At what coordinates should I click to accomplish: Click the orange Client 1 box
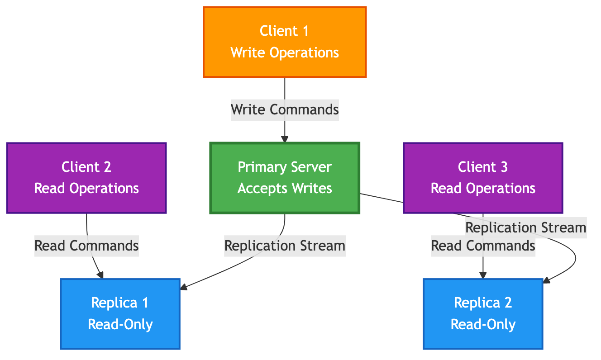pos(284,42)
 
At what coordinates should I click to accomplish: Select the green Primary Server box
pos(284,178)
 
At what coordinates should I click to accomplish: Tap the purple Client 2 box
pos(86,178)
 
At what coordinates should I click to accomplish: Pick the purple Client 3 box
pos(482,178)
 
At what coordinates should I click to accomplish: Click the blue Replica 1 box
pos(120,313)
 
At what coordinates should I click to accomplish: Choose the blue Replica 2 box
pos(483,313)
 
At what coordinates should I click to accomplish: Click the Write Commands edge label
pos(285,109)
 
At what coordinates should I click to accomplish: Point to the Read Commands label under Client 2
pos(86,246)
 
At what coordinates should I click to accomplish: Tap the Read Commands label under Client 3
pos(483,246)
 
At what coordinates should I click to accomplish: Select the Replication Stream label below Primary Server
pos(285,246)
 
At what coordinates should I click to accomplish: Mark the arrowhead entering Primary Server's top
pos(284,139)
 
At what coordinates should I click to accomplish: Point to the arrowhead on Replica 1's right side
pos(184,287)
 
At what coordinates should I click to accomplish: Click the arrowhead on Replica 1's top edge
pos(101,275)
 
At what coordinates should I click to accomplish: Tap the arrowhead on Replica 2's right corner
pos(546,281)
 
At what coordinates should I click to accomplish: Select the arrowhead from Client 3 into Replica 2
pos(483,275)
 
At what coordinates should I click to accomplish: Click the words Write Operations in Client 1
pos(285,52)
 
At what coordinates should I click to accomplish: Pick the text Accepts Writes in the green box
pos(285,188)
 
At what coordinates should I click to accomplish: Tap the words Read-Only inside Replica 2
pos(483,324)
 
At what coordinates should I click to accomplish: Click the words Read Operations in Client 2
pos(86,188)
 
